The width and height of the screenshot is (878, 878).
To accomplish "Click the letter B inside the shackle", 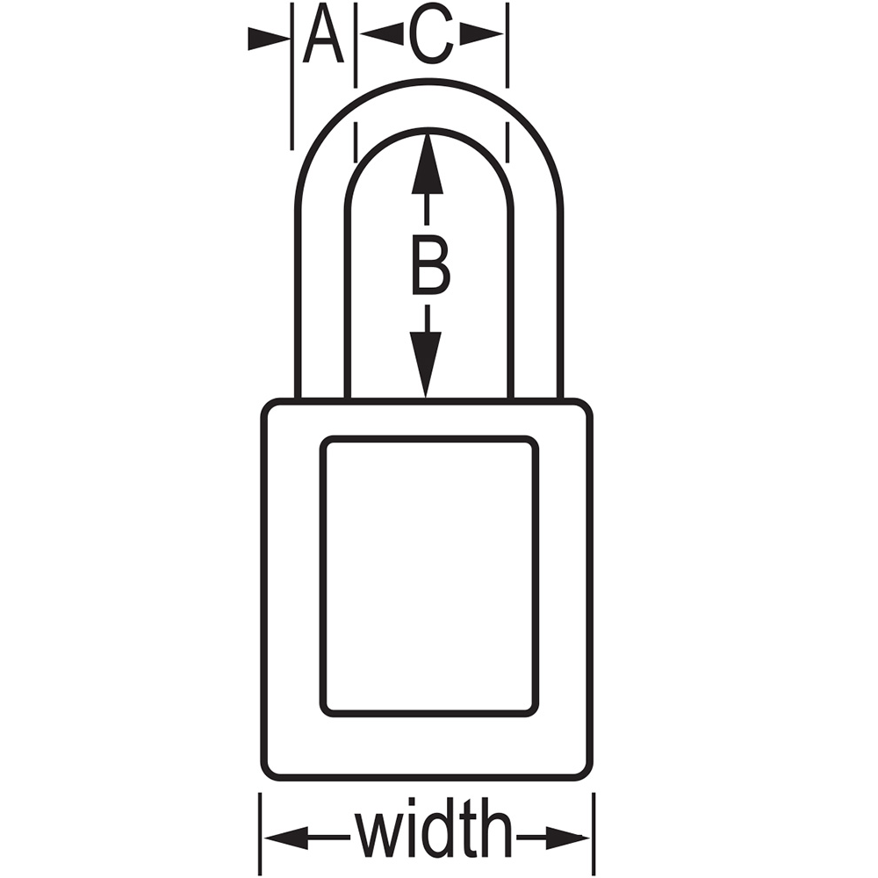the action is coord(430,265).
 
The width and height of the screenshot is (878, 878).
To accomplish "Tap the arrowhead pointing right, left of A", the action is coord(269,38).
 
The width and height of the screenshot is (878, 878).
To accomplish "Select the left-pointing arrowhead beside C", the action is coord(382,34).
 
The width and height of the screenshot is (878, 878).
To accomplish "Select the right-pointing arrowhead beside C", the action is coord(481,34).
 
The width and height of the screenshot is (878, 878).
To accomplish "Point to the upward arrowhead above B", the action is coord(428,162).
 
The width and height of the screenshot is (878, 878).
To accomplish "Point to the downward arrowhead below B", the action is coord(426,364).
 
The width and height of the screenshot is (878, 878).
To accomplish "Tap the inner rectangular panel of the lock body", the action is coord(429,577).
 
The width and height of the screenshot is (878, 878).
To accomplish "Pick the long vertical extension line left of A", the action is coord(291,76).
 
